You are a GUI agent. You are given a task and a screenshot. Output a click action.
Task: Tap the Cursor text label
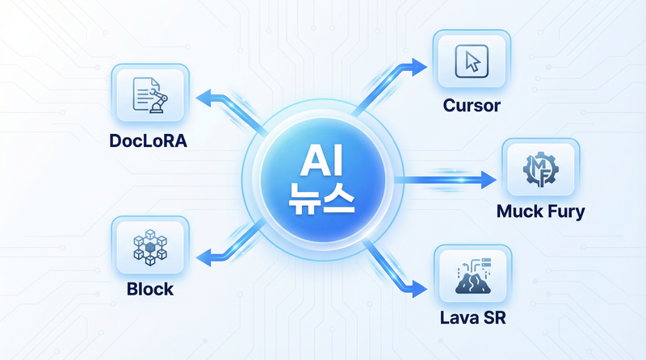pyautogui.click(x=472, y=106)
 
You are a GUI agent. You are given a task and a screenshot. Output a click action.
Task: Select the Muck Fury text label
pyautogui.click(x=541, y=212)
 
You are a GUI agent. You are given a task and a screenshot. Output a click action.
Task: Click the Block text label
pyautogui.click(x=149, y=287)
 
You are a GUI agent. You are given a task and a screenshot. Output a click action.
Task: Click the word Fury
pyautogui.click(x=564, y=212)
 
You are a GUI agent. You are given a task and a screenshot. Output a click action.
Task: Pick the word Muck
pyautogui.click(x=519, y=212)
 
